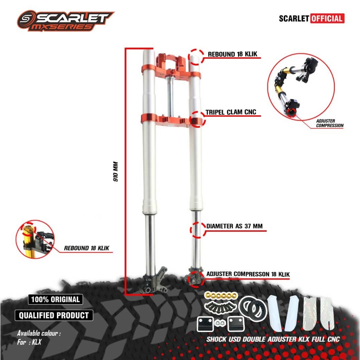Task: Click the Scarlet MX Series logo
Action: click(65, 21)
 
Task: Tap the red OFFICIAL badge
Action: click(327, 18)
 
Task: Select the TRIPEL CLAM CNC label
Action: click(231, 112)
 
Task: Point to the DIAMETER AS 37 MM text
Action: click(234, 226)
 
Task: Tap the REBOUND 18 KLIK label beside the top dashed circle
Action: click(233, 54)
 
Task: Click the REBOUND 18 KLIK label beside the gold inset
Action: click(86, 248)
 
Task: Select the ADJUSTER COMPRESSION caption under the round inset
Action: click(329, 123)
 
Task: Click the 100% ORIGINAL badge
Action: click(55, 300)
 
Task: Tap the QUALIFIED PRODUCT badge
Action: click(54, 315)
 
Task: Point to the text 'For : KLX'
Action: click(29, 342)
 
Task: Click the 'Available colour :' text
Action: click(39, 333)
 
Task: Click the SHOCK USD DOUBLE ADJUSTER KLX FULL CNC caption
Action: click(273, 339)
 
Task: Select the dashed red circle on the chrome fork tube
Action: click(197, 230)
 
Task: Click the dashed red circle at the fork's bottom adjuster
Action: click(194, 278)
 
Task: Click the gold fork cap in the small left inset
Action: click(28, 232)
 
